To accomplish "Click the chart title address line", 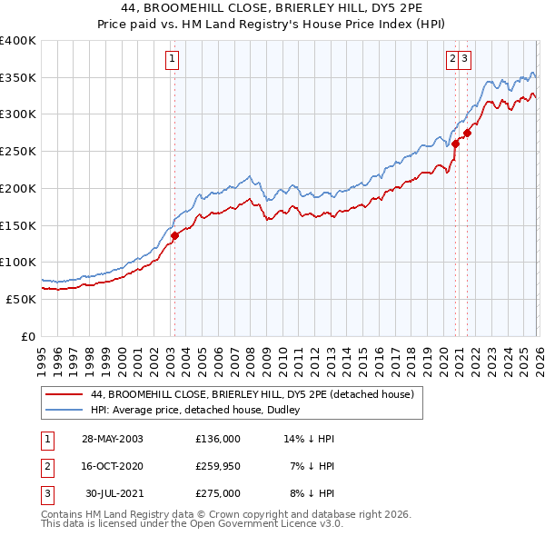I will coord(272,8).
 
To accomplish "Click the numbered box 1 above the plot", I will coord(172,60).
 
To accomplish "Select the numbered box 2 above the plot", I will coord(451,60).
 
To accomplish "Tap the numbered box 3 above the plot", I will coord(464,60).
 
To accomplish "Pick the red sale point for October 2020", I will coord(455,143).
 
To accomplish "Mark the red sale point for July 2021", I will coord(468,133).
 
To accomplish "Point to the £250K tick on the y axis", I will coord(18,151).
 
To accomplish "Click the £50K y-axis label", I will coord(21,298).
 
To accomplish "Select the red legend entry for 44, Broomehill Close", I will coord(253,394).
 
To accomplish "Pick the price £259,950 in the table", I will coord(217,466).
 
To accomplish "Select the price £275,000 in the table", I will coord(217,493).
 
